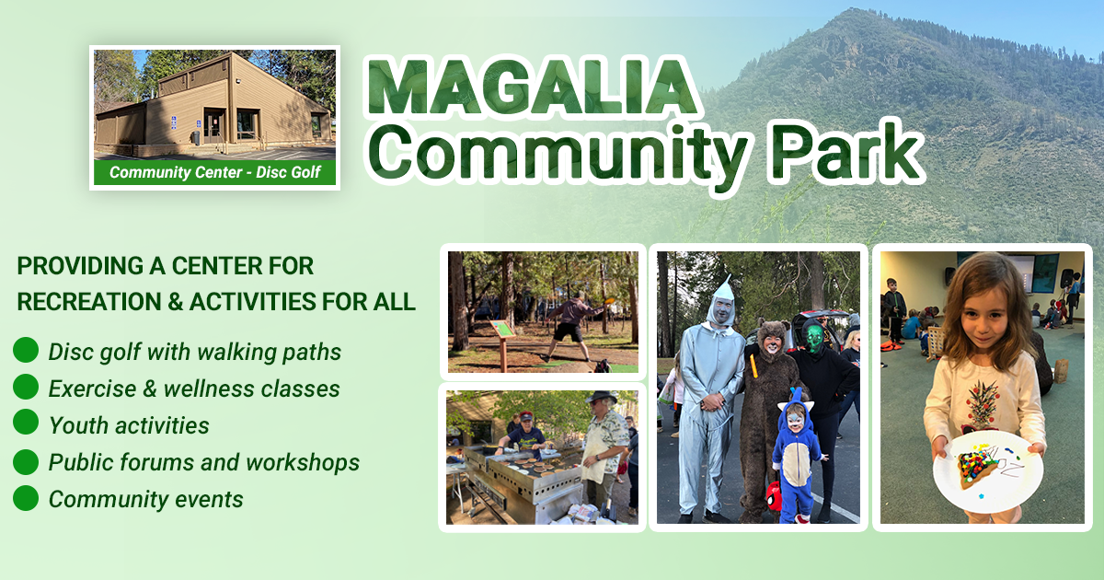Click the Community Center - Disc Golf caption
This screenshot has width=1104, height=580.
(215, 172)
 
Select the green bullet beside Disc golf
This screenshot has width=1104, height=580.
(26, 351)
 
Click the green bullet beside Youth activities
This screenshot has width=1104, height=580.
(26, 424)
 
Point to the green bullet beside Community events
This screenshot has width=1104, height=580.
(26, 499)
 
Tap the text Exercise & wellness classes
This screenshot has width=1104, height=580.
(194, 389)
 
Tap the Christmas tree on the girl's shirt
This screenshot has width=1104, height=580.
(982, 401)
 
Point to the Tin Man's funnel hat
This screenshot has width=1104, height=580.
(723, 288)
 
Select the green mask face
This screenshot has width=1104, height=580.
(814, 339)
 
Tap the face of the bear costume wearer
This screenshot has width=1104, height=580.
(770, 340)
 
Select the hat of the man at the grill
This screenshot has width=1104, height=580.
(602, 398)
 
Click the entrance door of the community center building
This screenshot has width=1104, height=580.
(213, 125)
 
